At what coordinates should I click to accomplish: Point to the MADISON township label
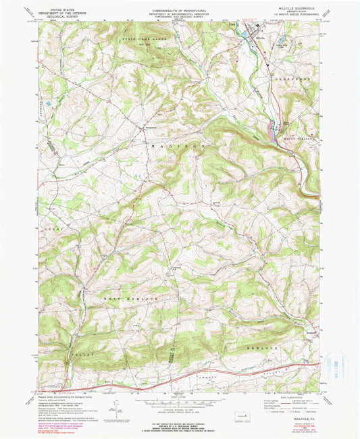pos(173,145)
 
